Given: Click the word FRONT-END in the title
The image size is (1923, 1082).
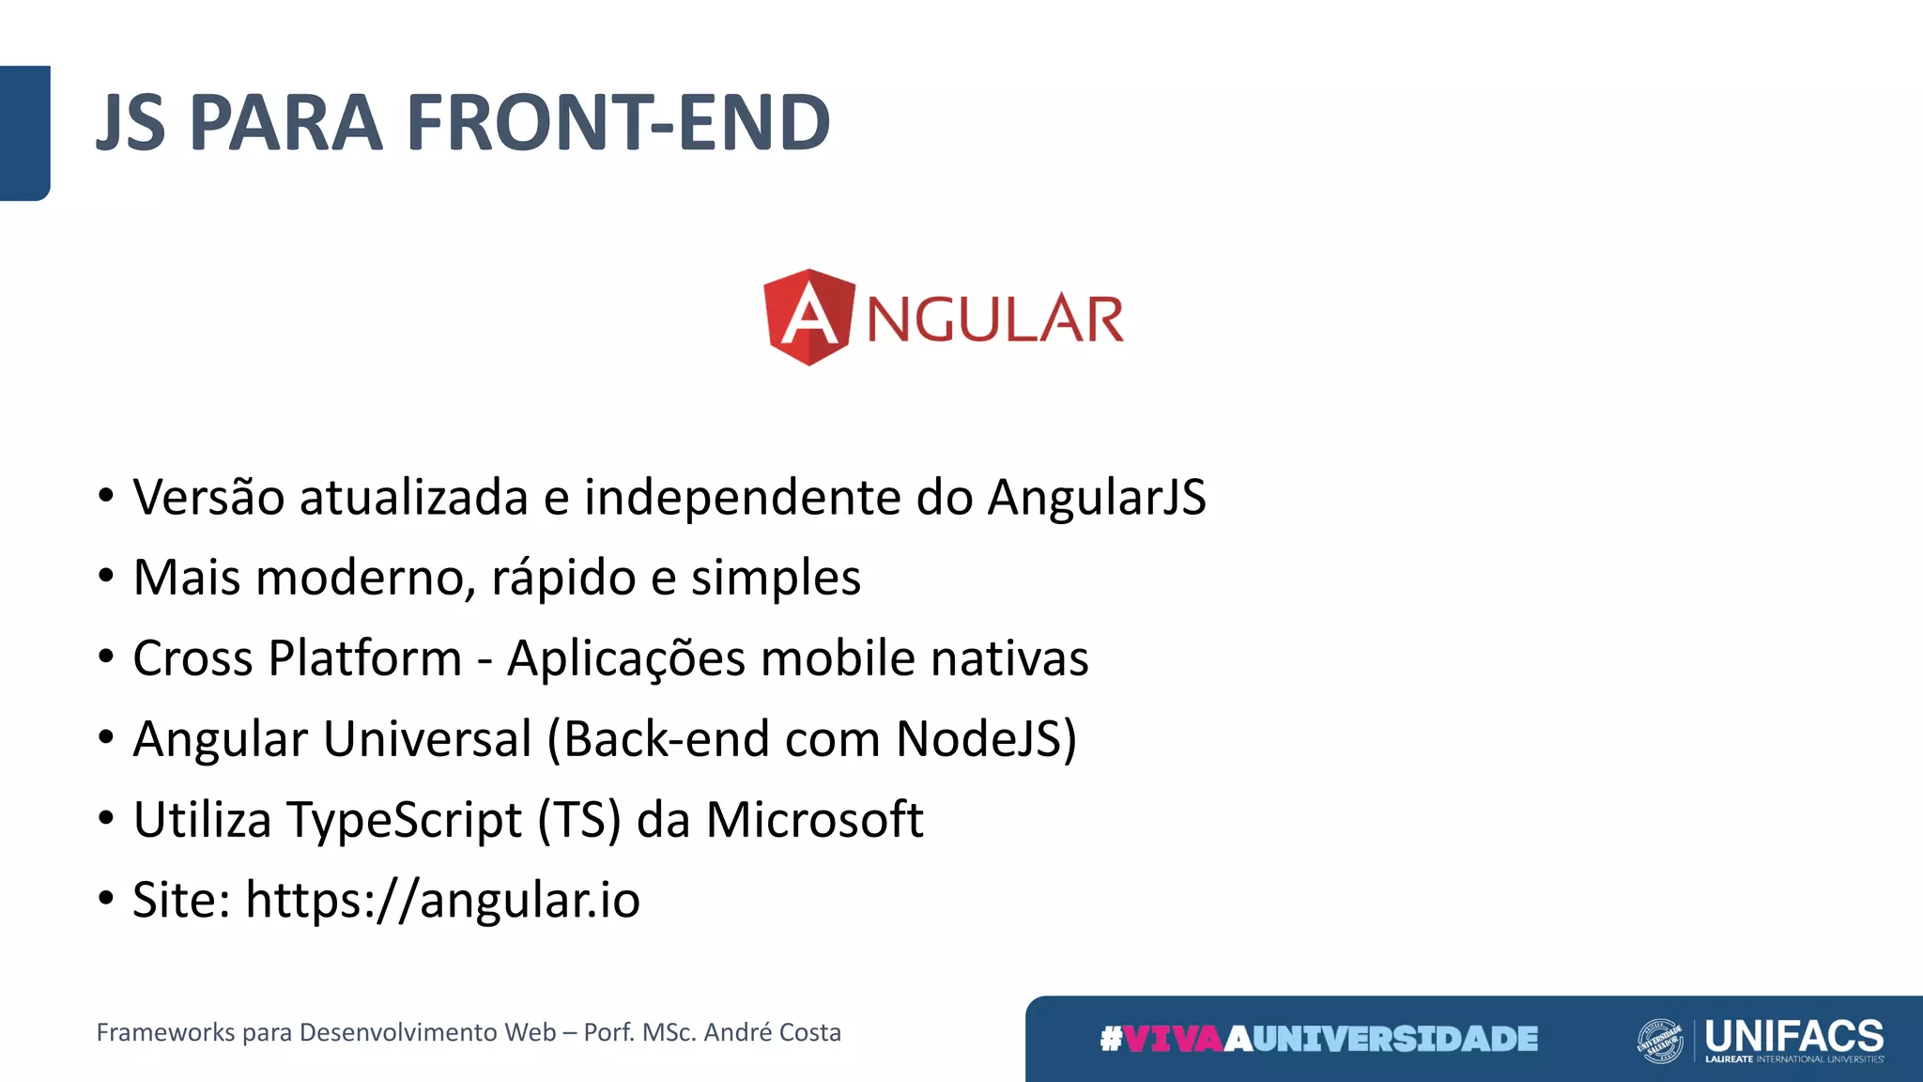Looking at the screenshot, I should [x=618, y=123].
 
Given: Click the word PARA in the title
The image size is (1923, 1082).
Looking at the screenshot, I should [x=286, y=123].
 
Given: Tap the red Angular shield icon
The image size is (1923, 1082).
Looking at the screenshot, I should [x=808, y=317].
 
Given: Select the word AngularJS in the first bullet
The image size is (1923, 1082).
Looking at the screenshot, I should [x=1096, y=497].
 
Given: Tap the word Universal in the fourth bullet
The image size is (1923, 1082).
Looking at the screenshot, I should [x=427, y=738].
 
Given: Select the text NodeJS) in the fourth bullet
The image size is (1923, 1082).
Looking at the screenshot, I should [x=986, y=738].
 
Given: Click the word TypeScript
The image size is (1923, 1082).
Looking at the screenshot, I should [x=404, y=820].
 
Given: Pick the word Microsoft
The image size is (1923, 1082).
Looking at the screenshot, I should [x=814, y=819].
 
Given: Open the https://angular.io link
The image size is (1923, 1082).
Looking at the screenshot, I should [x=442, y=900].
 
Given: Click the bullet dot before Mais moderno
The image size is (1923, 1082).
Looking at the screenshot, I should [x=106, y=575].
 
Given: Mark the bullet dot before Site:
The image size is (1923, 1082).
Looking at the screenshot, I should [x=106, y=898].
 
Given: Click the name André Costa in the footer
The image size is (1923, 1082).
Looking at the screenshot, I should [x=772, y=1032].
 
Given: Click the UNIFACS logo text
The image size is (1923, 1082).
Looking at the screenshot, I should [x=1793, y=1036].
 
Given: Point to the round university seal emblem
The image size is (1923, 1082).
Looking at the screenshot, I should [x=1659, y=1041].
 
